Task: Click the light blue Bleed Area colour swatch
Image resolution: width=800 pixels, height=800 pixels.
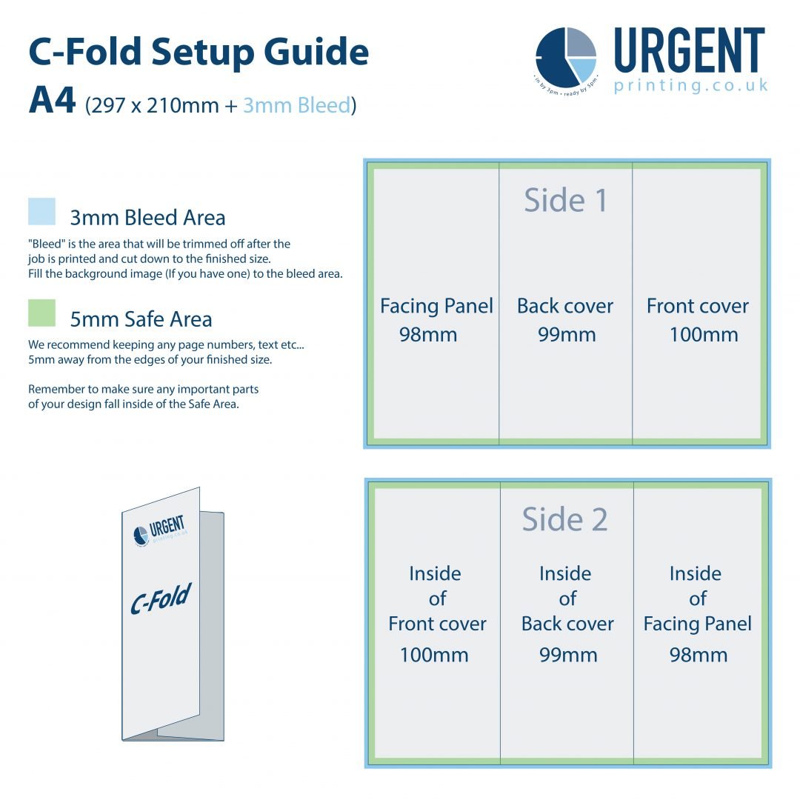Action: pyautogui.click(x=41, y=211)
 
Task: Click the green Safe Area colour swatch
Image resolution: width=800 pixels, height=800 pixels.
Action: pyautogui.click(x=41, y=313)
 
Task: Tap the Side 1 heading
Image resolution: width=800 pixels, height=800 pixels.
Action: pyautogui.click(x=565, y=200)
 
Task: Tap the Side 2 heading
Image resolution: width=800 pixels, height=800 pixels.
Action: pyautogui.click(x=564, y=519)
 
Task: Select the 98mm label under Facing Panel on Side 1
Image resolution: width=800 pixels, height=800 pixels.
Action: pyautogui.click(x=428, y=335)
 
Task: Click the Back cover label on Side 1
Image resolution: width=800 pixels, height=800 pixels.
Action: pyautogui.click(x=565, y=306)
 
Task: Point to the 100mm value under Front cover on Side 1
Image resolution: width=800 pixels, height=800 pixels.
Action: pyautogui.click(x=704, y=335)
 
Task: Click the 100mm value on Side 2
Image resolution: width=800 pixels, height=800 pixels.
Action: pyautogui.click(x=434, y=655)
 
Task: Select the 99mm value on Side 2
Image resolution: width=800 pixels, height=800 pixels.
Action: pyautogui.click(x=568, y=655)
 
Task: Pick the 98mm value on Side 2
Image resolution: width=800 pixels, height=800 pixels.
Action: pyautogui.click(x=699, y=655)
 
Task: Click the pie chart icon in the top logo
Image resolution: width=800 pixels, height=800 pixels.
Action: pyautogui.click(x=567, y=57)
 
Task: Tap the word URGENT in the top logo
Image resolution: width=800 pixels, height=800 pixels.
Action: pyautogui.click(x=689, y=52)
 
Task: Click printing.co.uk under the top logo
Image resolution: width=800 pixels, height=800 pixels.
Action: pyautogui.click(x=690, y=86)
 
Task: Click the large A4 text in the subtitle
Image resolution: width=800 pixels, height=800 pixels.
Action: pyautogui.click(x=52, y=101)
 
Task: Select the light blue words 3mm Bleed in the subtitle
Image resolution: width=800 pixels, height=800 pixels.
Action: pyautogui.click(x=296, y=105)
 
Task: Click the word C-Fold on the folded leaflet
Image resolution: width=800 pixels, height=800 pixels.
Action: pyautogui.click(x=161, y=599)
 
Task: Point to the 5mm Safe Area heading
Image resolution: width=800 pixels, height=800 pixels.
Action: pyautogui.click(x=141, y=319)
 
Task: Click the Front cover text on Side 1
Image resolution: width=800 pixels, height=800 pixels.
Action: pyautogui.click(x=697, y=306)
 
